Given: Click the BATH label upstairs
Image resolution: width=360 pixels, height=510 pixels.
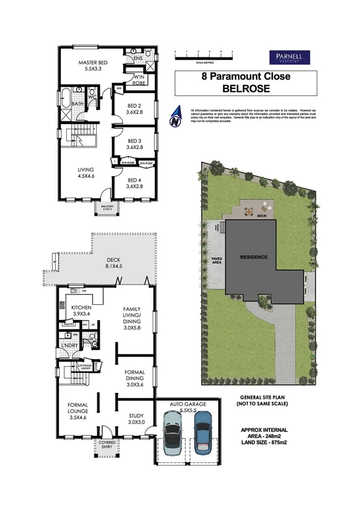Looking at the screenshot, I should pos(78,103).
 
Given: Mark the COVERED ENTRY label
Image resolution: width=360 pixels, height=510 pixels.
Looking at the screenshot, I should pos(107,445).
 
